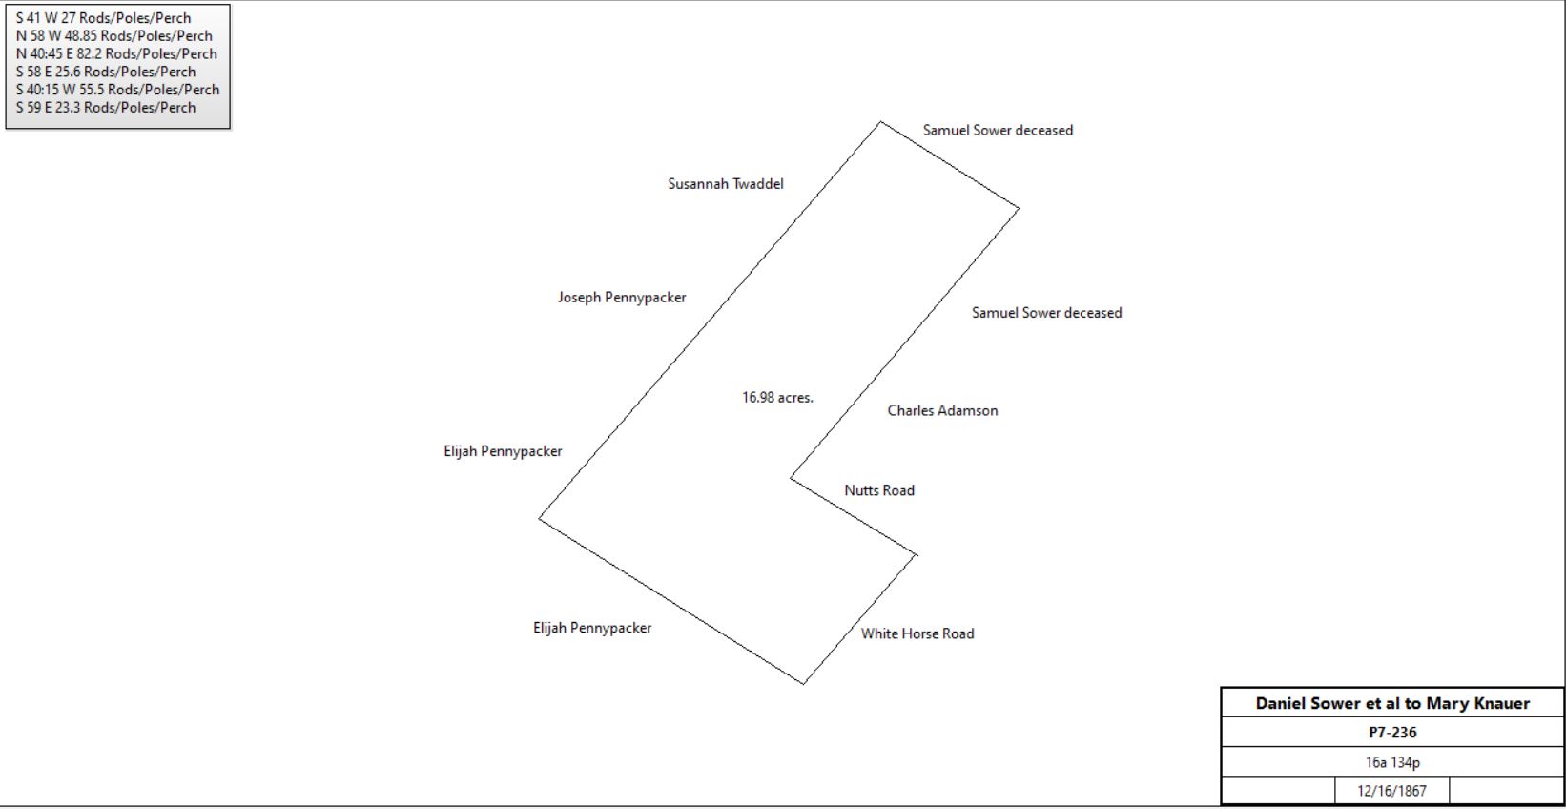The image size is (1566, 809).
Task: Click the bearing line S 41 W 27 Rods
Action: click(103, 18)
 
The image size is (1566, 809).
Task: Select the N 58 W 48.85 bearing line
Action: click(113, 35)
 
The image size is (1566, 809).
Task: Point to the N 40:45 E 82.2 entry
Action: click(116, 53)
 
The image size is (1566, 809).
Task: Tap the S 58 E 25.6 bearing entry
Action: click(106, 72)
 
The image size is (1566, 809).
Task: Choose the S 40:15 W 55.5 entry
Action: click(117, 90)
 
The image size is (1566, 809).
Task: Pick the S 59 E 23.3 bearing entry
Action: click(106, 108)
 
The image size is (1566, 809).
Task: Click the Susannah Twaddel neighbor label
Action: click(726, 184)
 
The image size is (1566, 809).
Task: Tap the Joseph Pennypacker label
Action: click(622, 298)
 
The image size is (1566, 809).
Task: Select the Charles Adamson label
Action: click(942, 410)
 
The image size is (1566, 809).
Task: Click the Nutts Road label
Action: click(879, 490)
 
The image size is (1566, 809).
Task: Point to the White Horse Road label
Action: click(917, 633)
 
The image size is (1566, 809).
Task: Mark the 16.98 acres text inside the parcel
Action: click(777, 397)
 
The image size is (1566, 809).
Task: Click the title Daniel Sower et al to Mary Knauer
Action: click(1392, 703)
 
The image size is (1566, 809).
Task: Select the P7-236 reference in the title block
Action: click(1392, 733)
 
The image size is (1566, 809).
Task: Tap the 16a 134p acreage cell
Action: click(1392, 762)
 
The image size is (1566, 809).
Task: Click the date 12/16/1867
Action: click(1391, 791)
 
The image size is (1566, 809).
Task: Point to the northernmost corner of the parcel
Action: click(881, 122)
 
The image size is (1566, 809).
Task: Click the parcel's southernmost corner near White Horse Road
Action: click(804, 684)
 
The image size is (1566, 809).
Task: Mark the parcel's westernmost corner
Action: click(539, 518)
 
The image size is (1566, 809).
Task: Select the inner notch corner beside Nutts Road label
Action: click(791, 478)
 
